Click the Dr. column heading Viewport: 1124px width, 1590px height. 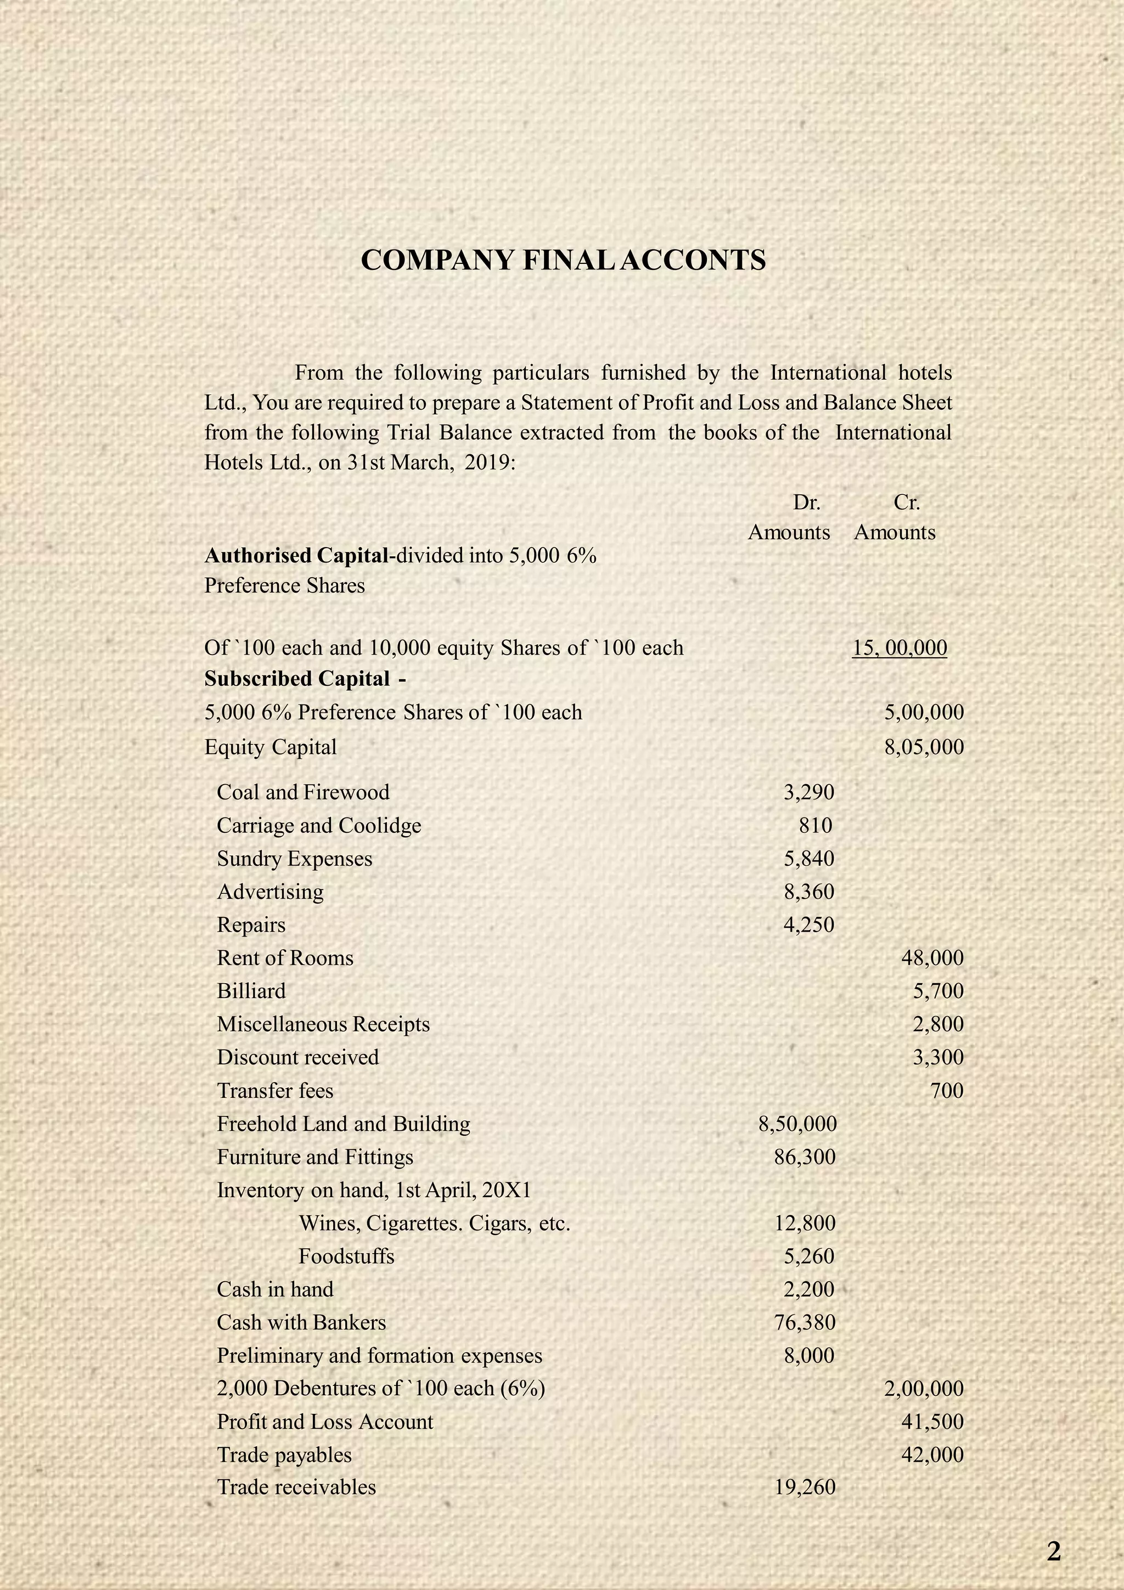806,502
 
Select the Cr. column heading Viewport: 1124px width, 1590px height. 906,502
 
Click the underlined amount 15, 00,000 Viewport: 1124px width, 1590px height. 900,647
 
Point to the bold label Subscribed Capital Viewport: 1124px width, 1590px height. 297,679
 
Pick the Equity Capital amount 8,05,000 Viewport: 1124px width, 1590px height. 924,747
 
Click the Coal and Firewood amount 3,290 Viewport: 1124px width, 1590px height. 808,792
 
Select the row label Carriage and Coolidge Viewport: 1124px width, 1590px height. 318,826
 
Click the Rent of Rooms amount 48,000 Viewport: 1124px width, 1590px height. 932,958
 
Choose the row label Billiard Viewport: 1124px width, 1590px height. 251,991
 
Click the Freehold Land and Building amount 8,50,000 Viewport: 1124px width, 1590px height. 798,1124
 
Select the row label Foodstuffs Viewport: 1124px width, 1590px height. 346,1256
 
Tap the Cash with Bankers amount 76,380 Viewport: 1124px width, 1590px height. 805,1322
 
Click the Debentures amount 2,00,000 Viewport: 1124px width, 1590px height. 924,1389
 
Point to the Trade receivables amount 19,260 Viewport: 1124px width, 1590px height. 805,1487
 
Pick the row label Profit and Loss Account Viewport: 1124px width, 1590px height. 325,1422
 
